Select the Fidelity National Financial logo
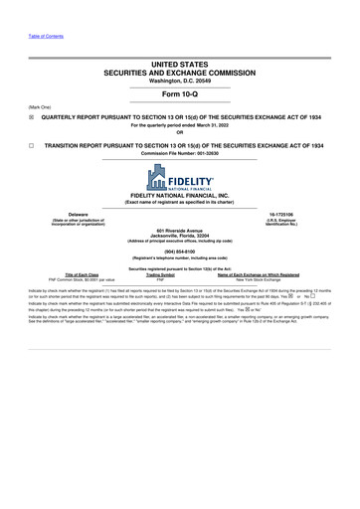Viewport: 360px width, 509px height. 180,177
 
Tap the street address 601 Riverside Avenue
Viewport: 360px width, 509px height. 180,231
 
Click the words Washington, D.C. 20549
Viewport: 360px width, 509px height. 180,79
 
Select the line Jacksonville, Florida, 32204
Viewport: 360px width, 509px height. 180,236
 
